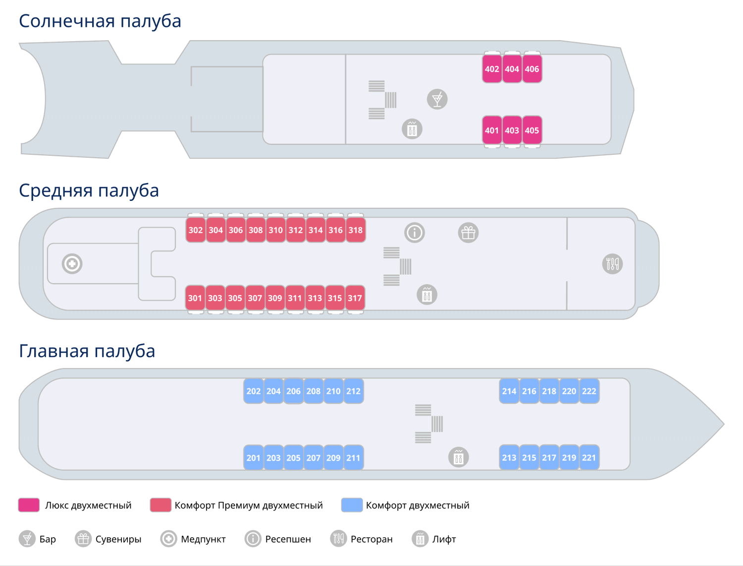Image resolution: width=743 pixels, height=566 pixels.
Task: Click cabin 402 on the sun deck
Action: [492, 69]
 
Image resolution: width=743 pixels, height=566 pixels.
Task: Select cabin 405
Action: [532, 130]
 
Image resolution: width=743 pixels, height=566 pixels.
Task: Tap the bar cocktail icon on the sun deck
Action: [437, 99]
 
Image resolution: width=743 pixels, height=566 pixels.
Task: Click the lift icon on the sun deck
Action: [412, 129]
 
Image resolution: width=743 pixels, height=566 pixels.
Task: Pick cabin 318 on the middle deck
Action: [356, 230]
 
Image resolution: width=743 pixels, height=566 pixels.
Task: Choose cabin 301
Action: [195, 298]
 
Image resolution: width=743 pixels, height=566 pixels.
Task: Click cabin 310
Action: [275, 230]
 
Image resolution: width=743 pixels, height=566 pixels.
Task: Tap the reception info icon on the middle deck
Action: [415, 232]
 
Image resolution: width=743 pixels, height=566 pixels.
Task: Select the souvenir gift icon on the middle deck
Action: [468, 233]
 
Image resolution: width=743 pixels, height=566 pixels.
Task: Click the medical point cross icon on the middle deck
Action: [72, 263]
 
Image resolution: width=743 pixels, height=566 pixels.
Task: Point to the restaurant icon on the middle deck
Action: [612, 263]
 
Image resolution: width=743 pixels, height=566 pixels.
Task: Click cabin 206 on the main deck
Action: [293, 391]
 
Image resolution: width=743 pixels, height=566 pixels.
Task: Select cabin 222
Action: [589, 391]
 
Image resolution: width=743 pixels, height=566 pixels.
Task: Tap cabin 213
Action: [509, 457]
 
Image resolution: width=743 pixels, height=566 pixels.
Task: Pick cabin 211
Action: [353, 457]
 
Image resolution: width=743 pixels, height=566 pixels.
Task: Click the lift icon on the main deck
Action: [458, 457]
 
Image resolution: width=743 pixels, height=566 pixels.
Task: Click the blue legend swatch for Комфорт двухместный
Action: [352, 505]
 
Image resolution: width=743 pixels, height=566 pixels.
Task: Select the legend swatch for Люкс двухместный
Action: [29, 505]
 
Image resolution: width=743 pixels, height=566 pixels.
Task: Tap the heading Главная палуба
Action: [87, 351]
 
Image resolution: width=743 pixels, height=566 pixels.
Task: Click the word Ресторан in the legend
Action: [371, 539]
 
